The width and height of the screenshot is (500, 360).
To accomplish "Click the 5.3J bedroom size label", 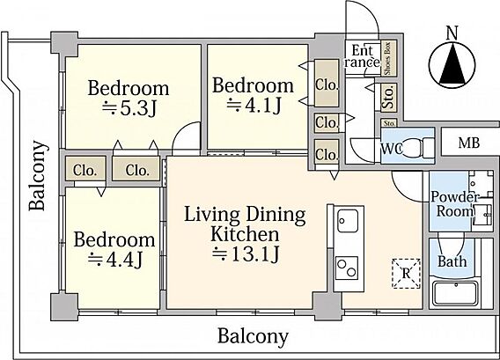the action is click(129, 109).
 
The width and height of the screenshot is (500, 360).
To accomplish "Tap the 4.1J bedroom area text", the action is click(254, 106).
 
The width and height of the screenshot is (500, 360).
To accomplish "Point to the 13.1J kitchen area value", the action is click(246, 254).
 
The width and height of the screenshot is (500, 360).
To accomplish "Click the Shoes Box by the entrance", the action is click(388, 58).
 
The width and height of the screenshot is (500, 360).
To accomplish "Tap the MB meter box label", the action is click(468, 143).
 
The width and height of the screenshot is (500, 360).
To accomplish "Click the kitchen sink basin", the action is click(347, 221).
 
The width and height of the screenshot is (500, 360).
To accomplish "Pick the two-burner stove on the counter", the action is click(347, 268).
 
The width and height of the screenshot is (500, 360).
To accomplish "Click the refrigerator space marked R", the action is click(406, 273).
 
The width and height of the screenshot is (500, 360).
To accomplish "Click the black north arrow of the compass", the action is click(452, 65).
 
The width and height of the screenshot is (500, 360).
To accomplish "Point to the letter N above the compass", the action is click(452, 33).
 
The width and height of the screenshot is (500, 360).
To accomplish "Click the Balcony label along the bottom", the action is click(253, 336).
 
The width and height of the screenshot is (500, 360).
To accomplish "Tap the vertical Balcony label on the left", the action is click(38, 175).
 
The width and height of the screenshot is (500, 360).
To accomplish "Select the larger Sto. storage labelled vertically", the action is click(388, 98).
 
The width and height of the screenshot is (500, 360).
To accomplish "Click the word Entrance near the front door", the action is click(363, 56).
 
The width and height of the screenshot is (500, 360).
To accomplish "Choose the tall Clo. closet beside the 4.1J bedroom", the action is click(327, 84).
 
